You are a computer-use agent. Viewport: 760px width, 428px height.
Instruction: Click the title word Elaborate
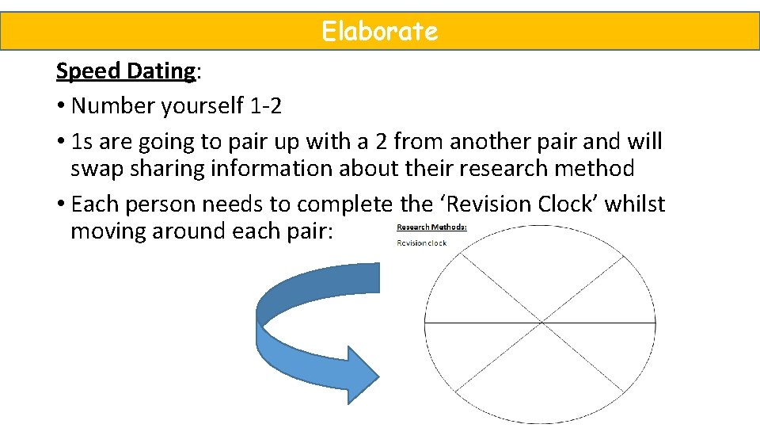coord(379,32)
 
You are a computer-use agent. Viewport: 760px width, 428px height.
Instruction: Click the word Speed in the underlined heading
coord(85,71)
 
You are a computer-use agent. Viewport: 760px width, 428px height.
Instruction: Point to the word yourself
coord(195,105)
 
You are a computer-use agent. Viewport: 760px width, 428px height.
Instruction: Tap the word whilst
coord(637,204)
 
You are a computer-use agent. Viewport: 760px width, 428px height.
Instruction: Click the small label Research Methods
coord(431,227)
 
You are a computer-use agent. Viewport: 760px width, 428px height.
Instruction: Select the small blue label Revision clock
coord(421,243)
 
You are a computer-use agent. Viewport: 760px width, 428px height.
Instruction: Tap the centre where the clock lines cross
coord(541,323)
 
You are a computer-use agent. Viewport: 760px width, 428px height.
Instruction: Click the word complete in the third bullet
coord(344,204)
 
